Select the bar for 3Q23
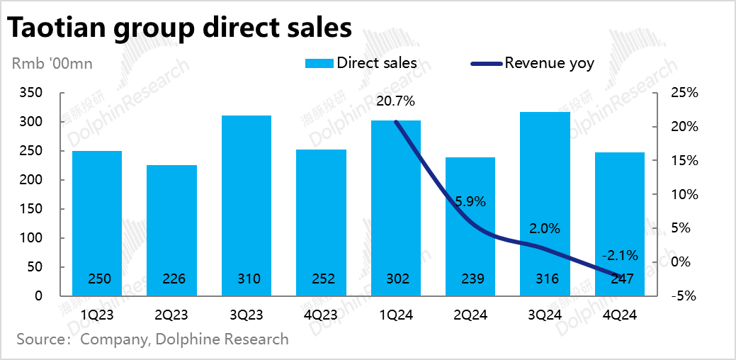(x=246, y=206)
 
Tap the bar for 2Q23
(x=171, y=230)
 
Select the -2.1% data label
(x=619, y=254)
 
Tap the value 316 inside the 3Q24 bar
(x=545, y=279)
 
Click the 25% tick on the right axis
(x=684, y=93)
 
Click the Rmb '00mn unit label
(x=52, y=63)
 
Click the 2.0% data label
(x=545, y=228)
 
